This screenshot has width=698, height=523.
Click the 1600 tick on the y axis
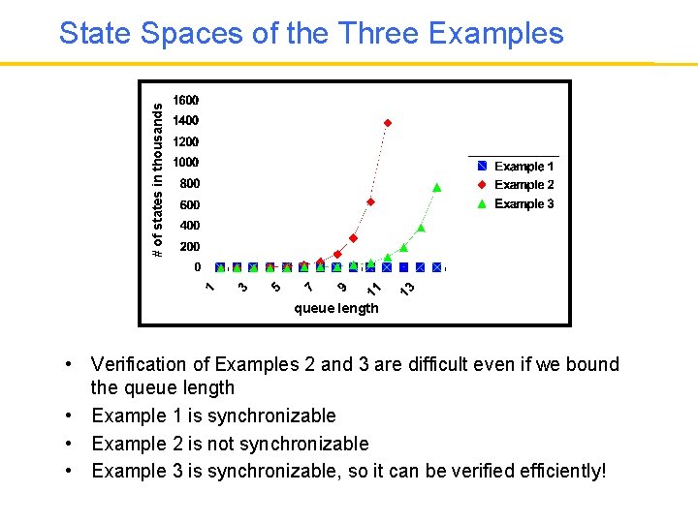pyautogui.click(x=186, y=101)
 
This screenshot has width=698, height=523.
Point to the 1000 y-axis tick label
pyautogui.click(x=186, y=163)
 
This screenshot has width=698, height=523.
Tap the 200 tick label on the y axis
pyautogui.click(x=189, y=247)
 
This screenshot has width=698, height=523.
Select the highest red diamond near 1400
pyautogui.click(x=388, y=123)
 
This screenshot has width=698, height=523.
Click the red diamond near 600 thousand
pyautogui.click(x=370, y=201)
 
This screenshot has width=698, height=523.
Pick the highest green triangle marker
pyautogui.click(x=437, y=187)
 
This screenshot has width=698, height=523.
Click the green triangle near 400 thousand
pyautogui.click(x=421, y=228)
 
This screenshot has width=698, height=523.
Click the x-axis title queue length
pyautogui.click(x=336, y=309)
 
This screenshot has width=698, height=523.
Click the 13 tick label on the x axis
pyautogui.click(x=408, y=289)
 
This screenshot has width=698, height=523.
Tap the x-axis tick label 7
pyautogui.click(x=308, y=287)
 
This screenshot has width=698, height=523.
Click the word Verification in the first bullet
pyautogui.click(x=136, y=365)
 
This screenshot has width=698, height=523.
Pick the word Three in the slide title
pyautogui.click(x=378, y=35)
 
